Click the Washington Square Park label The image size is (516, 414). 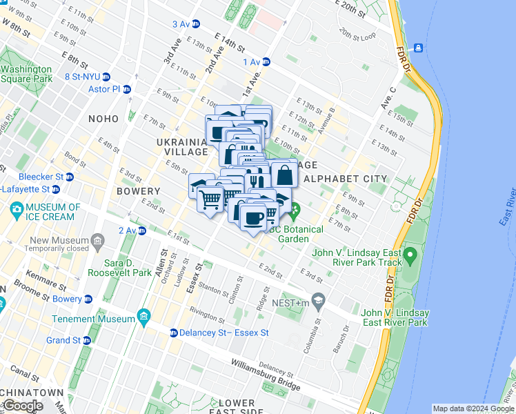(x=26, y=74)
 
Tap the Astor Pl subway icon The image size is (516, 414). (x=128, y=90)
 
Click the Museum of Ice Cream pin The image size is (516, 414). (x=15, y=208)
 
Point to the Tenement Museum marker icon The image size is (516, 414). (x=144, y=319)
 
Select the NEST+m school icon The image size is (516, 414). (x=318, y=299)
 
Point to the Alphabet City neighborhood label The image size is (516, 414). (x=346, y=179)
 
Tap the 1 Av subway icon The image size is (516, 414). (x=266, y=62)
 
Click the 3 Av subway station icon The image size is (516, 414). (x=196, y=24)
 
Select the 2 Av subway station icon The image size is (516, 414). (x=142, y=230)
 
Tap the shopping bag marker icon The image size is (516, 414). (x=284, y=174)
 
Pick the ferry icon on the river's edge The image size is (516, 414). (x=418, y=48)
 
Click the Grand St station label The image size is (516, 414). (x=63, y=340)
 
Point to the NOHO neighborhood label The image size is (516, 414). (x=103, y=119)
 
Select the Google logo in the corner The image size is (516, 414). (x=23, y=406)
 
